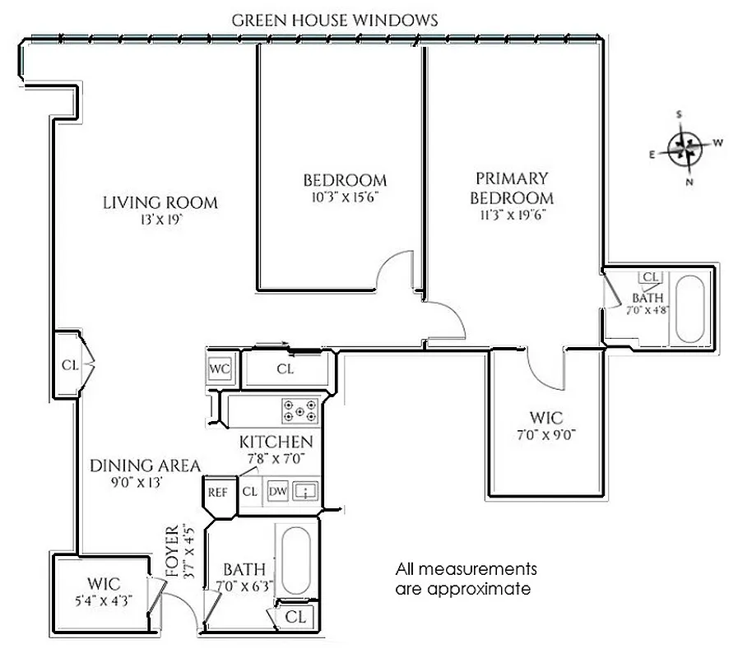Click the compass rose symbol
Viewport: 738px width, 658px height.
click(685, 149)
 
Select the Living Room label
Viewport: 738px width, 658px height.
click(160, 203)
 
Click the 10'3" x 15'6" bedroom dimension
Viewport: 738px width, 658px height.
click(345, 197)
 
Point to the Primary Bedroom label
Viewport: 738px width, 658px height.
click(511, 188)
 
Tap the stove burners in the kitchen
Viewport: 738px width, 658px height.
click(300, 410)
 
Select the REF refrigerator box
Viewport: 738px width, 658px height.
click(217, 493)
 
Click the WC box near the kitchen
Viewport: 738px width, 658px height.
click(220, 368)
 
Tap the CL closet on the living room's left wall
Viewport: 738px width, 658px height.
click(69, 364)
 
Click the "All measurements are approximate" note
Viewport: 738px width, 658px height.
click(466, 579)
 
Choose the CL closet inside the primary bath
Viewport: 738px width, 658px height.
click(651, 277)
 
